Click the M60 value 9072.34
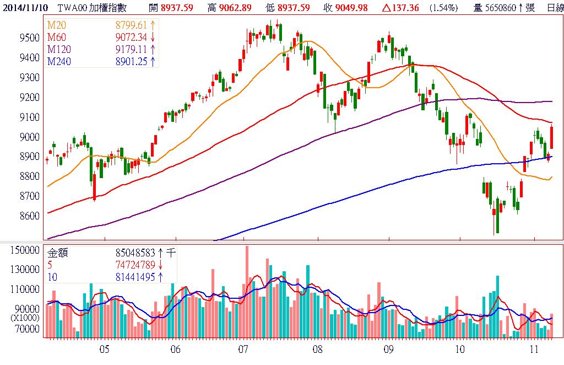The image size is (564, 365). pyautogui.click(x=131, y=37)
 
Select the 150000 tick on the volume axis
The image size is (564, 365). pyautogui.click(x=25, y=250)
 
